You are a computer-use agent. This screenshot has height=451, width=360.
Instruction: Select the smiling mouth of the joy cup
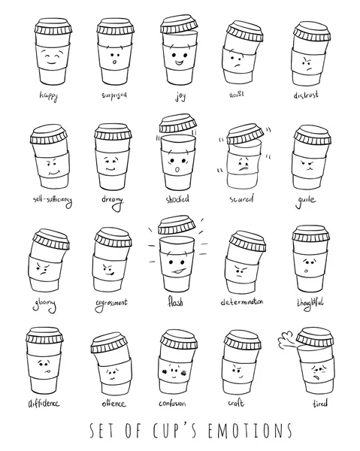(x=178, y=62)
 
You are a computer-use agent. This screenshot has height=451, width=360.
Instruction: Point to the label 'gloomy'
(x=47, y=302)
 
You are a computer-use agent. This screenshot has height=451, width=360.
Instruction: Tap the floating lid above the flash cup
(x=177, y=225)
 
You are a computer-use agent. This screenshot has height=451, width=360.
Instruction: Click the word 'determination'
(x=242, y=302)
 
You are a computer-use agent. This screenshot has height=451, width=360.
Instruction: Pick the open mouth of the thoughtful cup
(x=308, y=268)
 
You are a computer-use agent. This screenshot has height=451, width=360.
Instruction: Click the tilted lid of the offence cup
(x=112, y=343)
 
